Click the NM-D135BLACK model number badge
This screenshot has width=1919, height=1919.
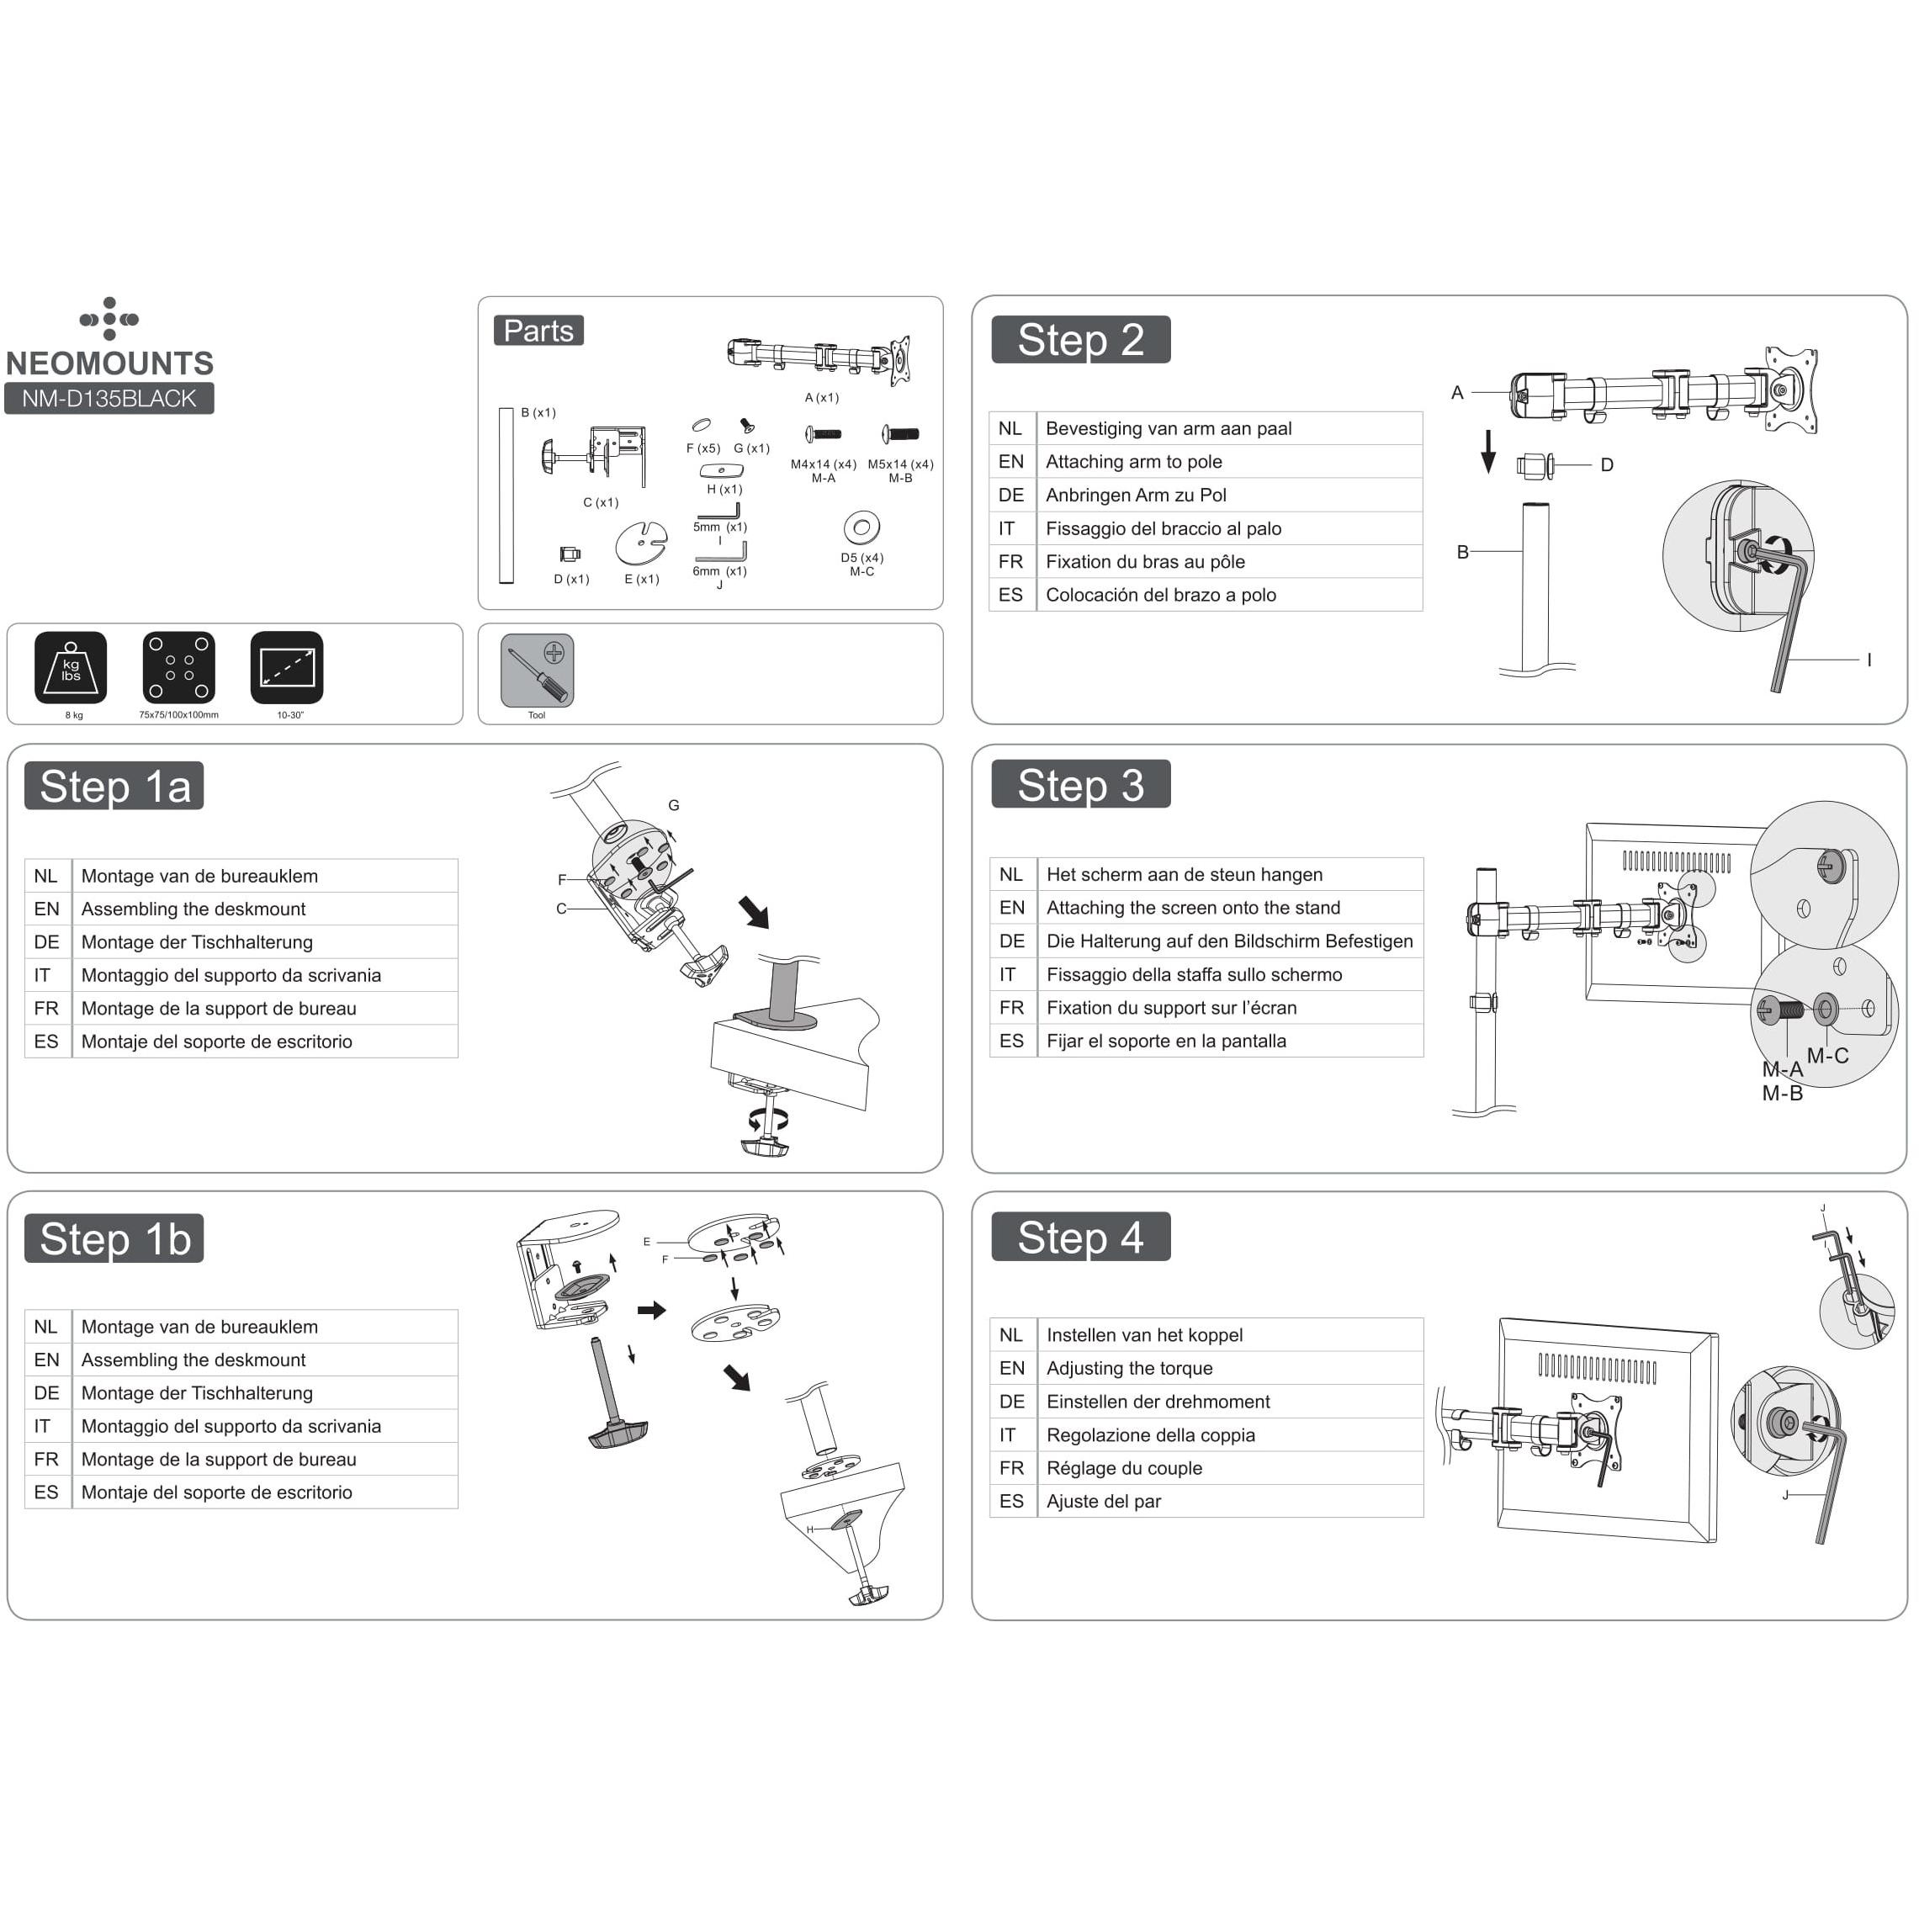click(109, 398)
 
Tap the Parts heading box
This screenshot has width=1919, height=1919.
click(538, 331)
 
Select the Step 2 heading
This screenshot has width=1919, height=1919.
click(1081, 340)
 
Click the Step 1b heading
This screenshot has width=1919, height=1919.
click(114, 1238)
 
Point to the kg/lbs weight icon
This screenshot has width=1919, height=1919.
click(71, 667)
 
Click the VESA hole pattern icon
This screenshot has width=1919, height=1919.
click(179, 667)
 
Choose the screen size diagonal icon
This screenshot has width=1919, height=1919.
click(287, 667)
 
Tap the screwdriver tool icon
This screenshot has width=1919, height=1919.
click(538, 671)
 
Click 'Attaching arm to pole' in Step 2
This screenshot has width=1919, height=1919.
click(1133, 462)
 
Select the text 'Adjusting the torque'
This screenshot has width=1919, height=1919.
click(1129, 1368)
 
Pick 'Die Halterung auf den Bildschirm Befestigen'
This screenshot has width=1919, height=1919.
click(1228, 941)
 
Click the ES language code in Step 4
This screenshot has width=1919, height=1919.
click(1011, 1501)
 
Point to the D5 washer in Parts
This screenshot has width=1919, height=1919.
click(861, 527)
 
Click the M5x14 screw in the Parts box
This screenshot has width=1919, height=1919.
click(901, 434)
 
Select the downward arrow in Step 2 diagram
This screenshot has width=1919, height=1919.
click(1488, 452)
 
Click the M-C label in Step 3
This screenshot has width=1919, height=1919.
click(1826, 1056)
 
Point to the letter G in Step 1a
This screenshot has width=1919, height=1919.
click(673, 806)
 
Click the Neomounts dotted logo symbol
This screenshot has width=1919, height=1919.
click(109, 319)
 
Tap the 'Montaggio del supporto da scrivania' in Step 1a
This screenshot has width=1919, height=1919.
click(231, 975)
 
